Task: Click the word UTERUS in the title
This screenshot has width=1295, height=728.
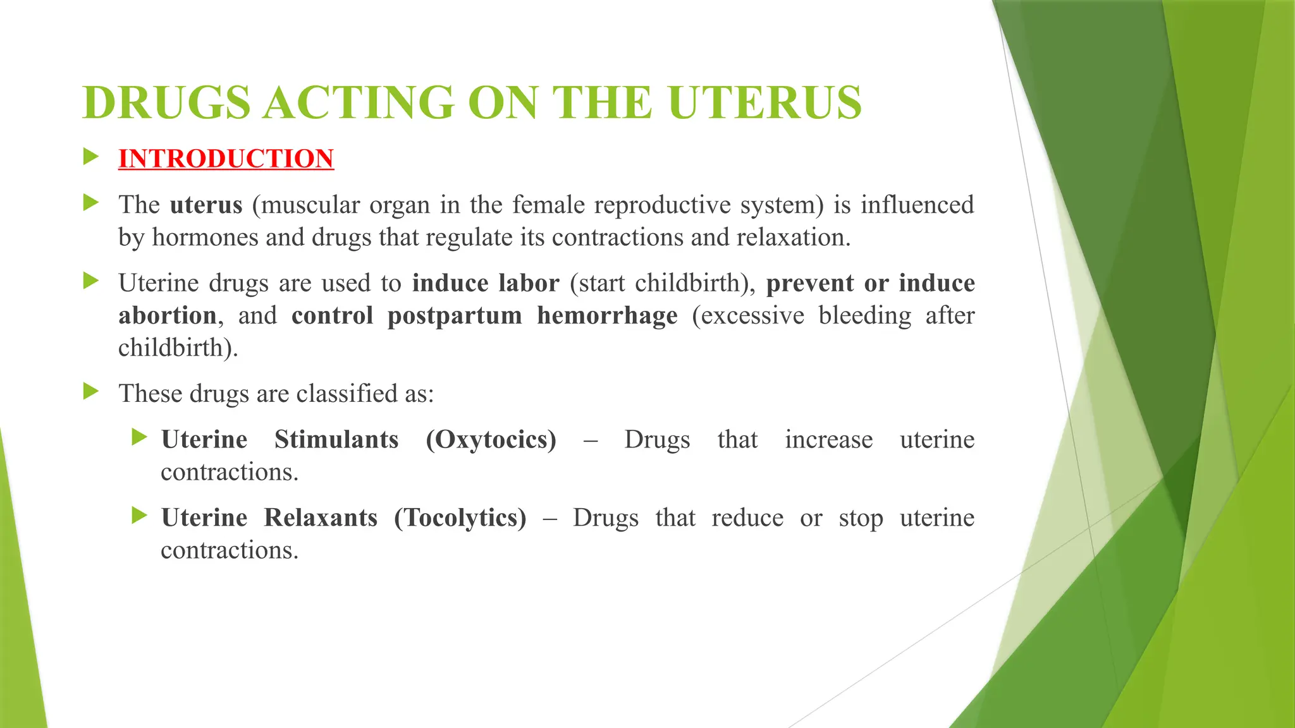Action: [x=764, y=103]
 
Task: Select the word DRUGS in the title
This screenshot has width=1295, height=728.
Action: [x=166, y=103]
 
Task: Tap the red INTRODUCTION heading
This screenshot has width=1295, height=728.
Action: [x=226, y=159]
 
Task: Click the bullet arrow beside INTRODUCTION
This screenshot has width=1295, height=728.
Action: [x=91, y=157]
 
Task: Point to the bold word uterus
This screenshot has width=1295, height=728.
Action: [x=206, y=205]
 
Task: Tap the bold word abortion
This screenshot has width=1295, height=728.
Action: [x=168, y=315]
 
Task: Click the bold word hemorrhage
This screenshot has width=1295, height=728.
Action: [x=607, y=315]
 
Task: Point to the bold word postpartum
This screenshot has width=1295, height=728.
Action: [x=455, y=315]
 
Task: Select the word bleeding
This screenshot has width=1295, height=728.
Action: [x=864, y=315]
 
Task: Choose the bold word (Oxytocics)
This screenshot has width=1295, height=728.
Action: [x=491, y=440]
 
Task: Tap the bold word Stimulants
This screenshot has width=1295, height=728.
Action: [x=336, y=440]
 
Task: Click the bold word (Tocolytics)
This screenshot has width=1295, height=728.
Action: [x=460, y=518]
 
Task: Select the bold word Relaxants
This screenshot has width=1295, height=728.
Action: [x=321, y=518]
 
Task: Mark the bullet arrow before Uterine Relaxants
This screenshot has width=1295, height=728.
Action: [x=139, y=516]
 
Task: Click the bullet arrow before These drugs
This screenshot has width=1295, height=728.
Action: [x=91, y=392]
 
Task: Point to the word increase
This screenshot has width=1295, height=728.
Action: [x=828, y=440]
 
